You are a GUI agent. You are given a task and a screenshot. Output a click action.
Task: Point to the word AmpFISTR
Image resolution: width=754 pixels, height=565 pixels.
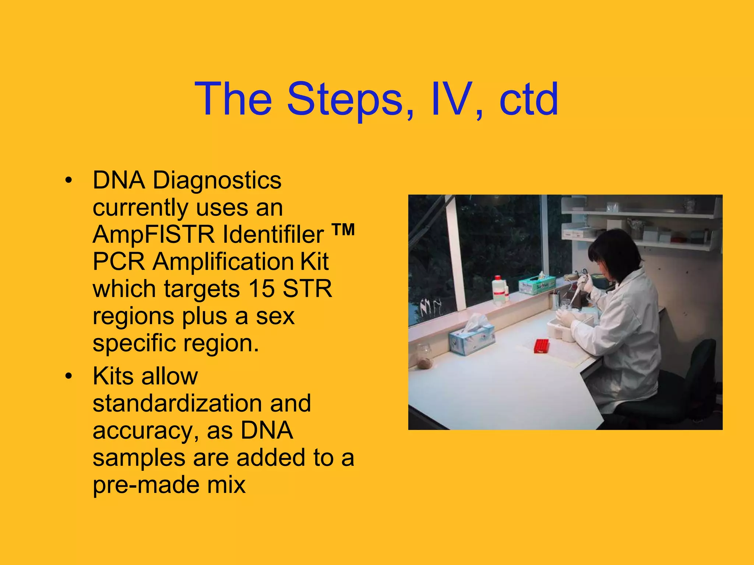click(x=153, y=235)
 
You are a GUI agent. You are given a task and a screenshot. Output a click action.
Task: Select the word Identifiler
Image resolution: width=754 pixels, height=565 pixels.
click(x=273, y=235)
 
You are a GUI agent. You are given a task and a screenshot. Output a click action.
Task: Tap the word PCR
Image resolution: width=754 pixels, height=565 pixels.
click(x=119, y=262)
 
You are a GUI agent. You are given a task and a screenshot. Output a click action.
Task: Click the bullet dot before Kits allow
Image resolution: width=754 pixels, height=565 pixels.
click(x=68, y=377)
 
